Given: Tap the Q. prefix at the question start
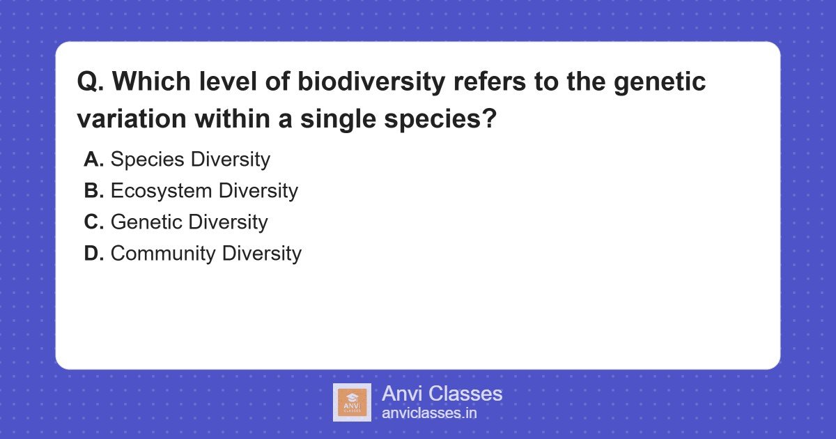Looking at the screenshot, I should pos(91,82).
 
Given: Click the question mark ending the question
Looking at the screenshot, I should pos(489,118).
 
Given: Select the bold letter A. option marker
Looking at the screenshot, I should pos(93,160).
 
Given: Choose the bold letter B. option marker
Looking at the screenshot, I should pos(93,191).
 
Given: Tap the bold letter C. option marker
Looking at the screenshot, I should pos(93,222).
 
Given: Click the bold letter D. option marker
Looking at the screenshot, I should pos(93,254).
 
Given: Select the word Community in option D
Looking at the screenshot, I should pos(163,254).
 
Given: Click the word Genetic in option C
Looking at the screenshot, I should pos(146,222).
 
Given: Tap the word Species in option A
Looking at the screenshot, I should pos(148,160).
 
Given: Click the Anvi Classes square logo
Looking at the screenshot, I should pos(352,402).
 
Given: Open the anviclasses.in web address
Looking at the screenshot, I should pos(429,413).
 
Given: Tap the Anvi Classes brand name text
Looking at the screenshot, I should pos(442,394).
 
